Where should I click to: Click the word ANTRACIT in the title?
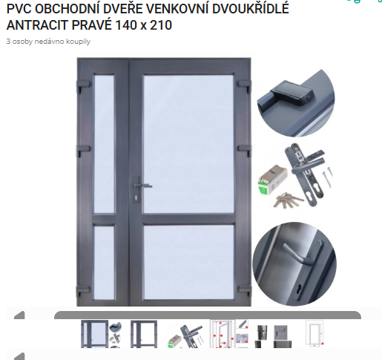coord(37,25)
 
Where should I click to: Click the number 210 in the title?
coord(161,25)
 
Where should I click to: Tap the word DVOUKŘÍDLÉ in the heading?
coord(250,8)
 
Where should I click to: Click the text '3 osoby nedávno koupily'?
coord(48,42)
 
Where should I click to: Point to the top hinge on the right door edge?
coord(244,84)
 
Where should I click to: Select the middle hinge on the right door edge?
coord(244,149)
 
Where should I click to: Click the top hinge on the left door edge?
coord(83,85)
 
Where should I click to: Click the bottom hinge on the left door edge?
coord(82,289)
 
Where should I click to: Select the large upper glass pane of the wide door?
coord(188,144)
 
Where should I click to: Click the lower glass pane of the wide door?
coord(189,262)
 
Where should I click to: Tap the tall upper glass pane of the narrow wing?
coord(104,144)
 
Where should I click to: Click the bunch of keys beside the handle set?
coord(287,199)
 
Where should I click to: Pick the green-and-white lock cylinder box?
coord(271,180)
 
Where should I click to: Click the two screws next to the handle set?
coord(327,177)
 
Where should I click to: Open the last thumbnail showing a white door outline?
coord(315,333)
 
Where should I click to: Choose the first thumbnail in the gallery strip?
coord(102,334)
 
